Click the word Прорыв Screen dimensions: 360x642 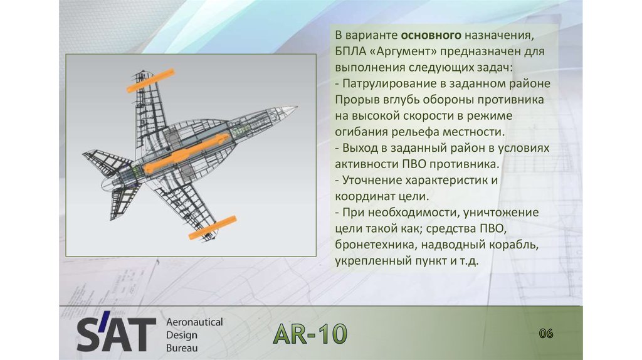pyautogui.click(x=354, y=100)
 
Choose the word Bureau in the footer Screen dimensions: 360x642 pyautogui.click(x=182, y=347)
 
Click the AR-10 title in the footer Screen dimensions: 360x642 pyautogui.click(x=310, y=335)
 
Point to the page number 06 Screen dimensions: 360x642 pyautogui.click(x=545, y=333)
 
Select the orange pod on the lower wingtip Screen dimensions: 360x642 pyautogui.click(x=213, y=227)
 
